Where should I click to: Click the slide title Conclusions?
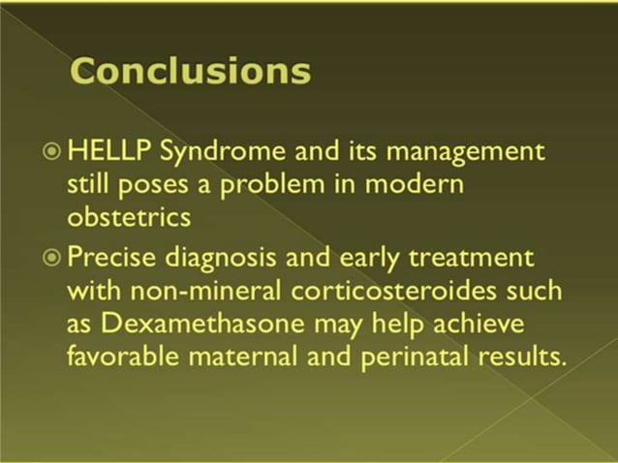click(192, 71)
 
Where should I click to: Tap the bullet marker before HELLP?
click(52, 153)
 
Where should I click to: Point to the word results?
click(522, 355)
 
